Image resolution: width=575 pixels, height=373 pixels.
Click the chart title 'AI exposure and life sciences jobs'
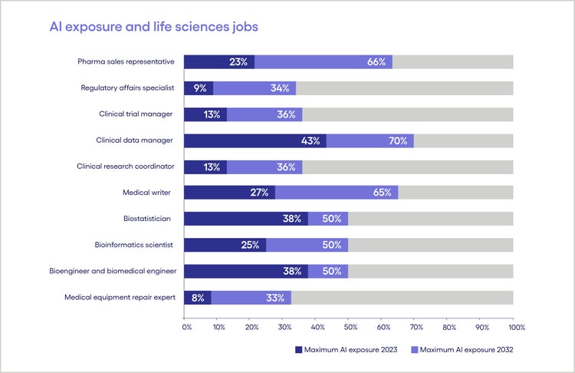[x=154, y=26]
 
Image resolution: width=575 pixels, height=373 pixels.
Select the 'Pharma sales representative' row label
[x=126, y=61]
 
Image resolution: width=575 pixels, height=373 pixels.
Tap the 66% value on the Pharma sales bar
[x=376, y=62]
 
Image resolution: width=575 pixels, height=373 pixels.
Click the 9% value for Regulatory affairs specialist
[x=200, y=88]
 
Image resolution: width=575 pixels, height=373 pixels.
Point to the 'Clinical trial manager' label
[x=136, y=114]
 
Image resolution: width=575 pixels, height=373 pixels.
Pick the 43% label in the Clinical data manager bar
[x=311, y=140]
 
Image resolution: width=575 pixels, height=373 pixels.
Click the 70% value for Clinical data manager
[x=398, y=140]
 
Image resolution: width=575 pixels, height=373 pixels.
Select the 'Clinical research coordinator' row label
[x=126, y=166]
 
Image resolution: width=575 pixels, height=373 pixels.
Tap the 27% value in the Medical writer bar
[x=259, y=193]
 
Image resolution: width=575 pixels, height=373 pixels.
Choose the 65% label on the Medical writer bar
[x=383, y=193]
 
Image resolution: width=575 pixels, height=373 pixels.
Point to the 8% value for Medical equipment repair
[x=198, y=297]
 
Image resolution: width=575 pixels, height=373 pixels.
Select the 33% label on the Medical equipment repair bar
[x=277, y=297]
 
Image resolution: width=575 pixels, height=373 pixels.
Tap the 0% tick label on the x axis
[x=186, y=328]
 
